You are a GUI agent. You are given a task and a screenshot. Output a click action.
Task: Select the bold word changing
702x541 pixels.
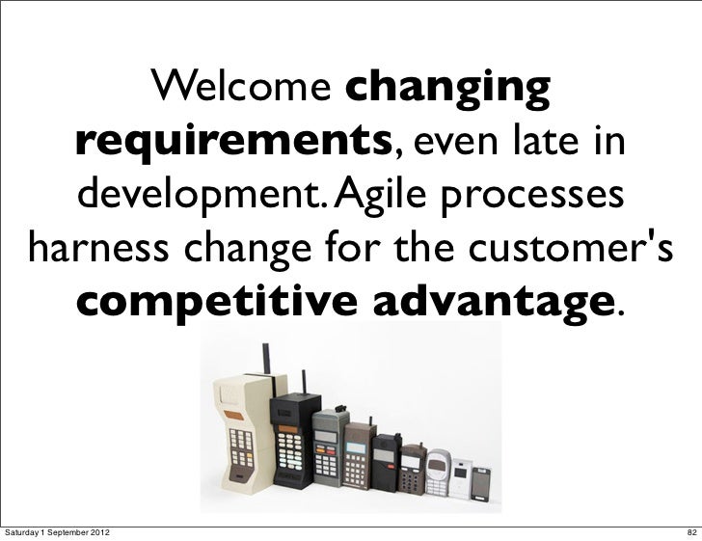tap(447, 92)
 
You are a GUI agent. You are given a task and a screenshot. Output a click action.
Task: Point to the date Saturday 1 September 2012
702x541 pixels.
tap(61, 528)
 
